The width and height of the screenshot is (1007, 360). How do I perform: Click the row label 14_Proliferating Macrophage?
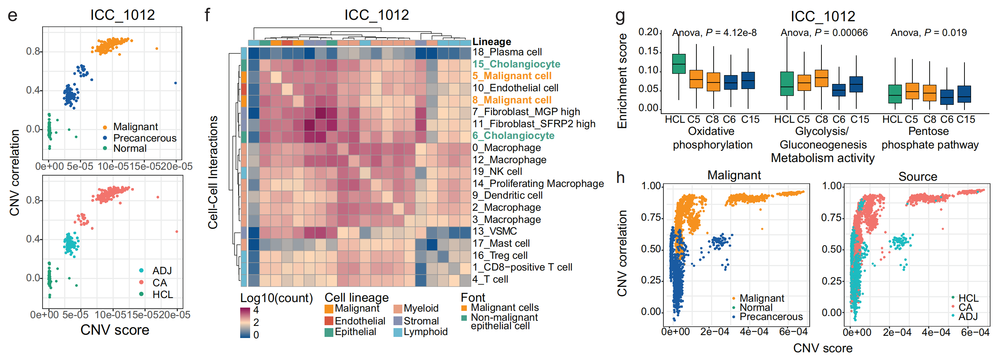point(538,184)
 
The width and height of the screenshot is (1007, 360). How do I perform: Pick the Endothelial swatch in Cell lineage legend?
point(329,321)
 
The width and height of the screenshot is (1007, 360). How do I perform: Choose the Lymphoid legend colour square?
point(398,332)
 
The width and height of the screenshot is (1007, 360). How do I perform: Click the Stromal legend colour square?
point(398,321)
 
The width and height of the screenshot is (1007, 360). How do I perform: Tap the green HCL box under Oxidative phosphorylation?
point(679,64)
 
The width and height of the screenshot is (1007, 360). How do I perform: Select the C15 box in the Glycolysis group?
point(856,84)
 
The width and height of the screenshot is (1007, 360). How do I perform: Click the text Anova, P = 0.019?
point(929,33)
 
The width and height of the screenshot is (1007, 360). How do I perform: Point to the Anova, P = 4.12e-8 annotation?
point(714,33)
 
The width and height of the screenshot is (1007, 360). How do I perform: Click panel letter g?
point(620,16)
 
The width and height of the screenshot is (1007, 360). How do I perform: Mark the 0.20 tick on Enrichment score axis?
point(648,32)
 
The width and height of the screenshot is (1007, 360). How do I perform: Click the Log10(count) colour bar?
point(245,323)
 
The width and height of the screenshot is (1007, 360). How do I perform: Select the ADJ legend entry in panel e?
point(162,271)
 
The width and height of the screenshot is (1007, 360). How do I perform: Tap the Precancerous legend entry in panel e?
point(144,138)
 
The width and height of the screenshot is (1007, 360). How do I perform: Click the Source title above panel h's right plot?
point(918,177)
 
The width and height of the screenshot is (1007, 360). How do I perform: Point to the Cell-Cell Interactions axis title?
point(213,172)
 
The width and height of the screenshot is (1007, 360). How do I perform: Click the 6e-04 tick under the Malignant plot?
point(793,332)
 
